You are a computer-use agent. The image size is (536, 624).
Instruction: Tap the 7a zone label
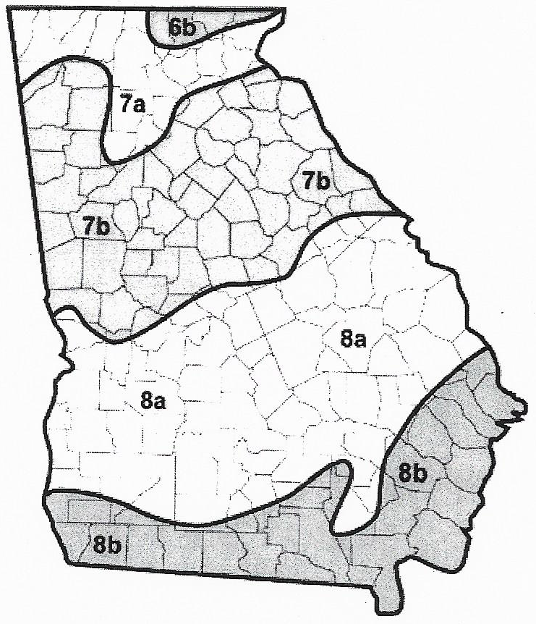133,104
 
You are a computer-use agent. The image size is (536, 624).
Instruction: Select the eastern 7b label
315,180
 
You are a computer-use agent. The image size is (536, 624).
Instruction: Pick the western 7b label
95,226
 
